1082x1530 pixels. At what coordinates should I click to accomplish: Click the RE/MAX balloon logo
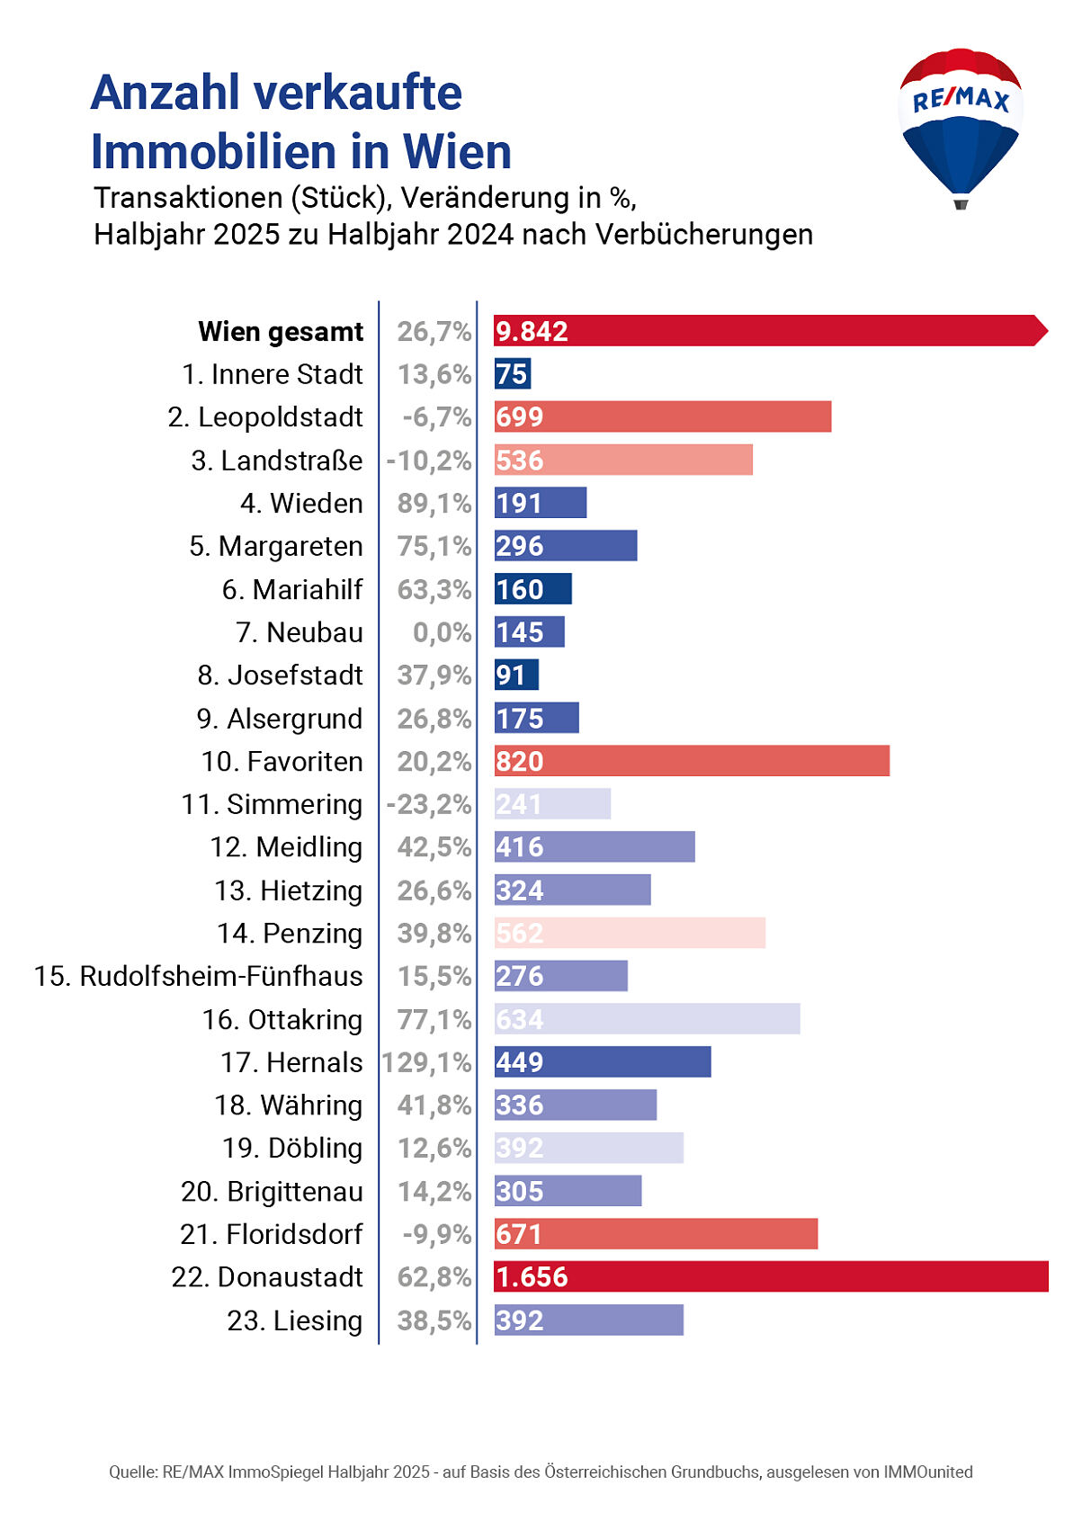click(x=960, y=126)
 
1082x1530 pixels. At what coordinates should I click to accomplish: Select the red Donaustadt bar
click(x=771, y=1276)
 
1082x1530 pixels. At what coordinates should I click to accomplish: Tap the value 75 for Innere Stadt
click(x=512, y=374)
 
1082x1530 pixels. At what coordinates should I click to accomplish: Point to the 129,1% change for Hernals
click(x=426, y=1062)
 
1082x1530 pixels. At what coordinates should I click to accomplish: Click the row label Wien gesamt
click(x=281, y=332)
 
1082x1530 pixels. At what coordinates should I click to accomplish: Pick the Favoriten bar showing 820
click(x=691, y=761)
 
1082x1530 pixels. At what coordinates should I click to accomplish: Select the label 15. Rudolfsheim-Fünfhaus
click(x=198, y=976)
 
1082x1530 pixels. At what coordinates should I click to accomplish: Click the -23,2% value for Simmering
click(x=428, y=804)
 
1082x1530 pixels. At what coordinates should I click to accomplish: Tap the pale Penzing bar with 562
click(x=630, y=933)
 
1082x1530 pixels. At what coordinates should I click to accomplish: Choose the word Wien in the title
click(x=457, y=151)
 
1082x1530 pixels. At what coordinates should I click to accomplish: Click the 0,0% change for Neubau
click(x=442, y=632)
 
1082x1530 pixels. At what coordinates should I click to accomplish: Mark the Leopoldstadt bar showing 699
click(x=662, y=417)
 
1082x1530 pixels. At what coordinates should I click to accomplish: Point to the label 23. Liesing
click(x=294, y=1320)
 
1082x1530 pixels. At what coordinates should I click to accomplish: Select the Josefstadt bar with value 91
click(x=515, y=675)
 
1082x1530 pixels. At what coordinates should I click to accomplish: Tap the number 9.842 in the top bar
click(x=532, y=331)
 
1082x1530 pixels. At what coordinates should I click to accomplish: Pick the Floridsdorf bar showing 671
click(x=655, y=1234)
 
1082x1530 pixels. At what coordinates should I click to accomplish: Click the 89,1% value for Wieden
click(x=434, y=503)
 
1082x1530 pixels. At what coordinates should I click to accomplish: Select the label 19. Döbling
click(x=292, y=1148)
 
